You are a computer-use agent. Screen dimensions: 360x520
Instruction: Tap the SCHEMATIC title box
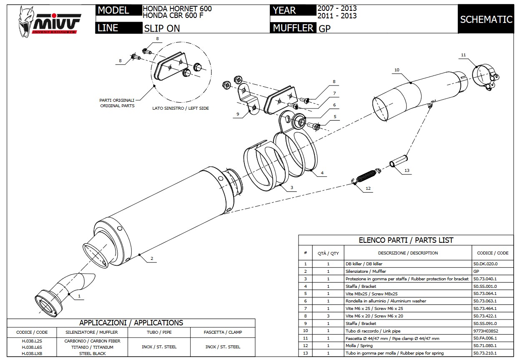click(x=486, y=19)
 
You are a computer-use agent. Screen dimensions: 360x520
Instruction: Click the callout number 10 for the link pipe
click(x=397, y=70)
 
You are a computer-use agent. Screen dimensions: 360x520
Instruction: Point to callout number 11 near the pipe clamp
click(x=463, y=55)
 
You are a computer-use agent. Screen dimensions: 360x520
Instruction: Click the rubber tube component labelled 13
click(x=399, y=161)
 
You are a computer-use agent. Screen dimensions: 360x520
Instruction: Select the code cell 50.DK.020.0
click(x=485, y=264)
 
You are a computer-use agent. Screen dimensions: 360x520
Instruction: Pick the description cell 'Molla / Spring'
click(x=359, y=346)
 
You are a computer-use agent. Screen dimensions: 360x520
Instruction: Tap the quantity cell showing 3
click(x=328, y=316)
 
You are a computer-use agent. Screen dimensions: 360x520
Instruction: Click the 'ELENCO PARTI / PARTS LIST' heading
click(x=406, y=240)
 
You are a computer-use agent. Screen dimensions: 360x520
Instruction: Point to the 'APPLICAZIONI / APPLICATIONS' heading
click(x=131, y=323)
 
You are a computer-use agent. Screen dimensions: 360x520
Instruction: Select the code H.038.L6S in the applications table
click(x=32, y=347)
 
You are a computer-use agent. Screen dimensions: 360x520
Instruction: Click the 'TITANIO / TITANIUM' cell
click(x=92, y=347)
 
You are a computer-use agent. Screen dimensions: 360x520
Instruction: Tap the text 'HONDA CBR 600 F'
click(x=173, y=16)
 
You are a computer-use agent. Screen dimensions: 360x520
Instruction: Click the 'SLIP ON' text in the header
click(x=163, y=28)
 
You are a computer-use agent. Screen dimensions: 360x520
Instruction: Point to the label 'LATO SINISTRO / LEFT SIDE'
click(x=181, y=108)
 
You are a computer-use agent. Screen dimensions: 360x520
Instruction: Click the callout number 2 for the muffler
click(x=152, y=259)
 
